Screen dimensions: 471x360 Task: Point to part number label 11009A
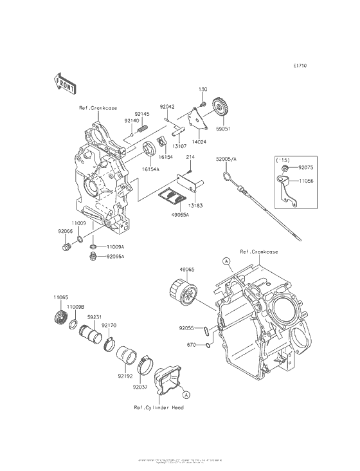[116, 246]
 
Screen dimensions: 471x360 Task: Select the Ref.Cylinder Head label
[159, 408]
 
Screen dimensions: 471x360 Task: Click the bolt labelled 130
[202, 103]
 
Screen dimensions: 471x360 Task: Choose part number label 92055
[186, 328]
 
